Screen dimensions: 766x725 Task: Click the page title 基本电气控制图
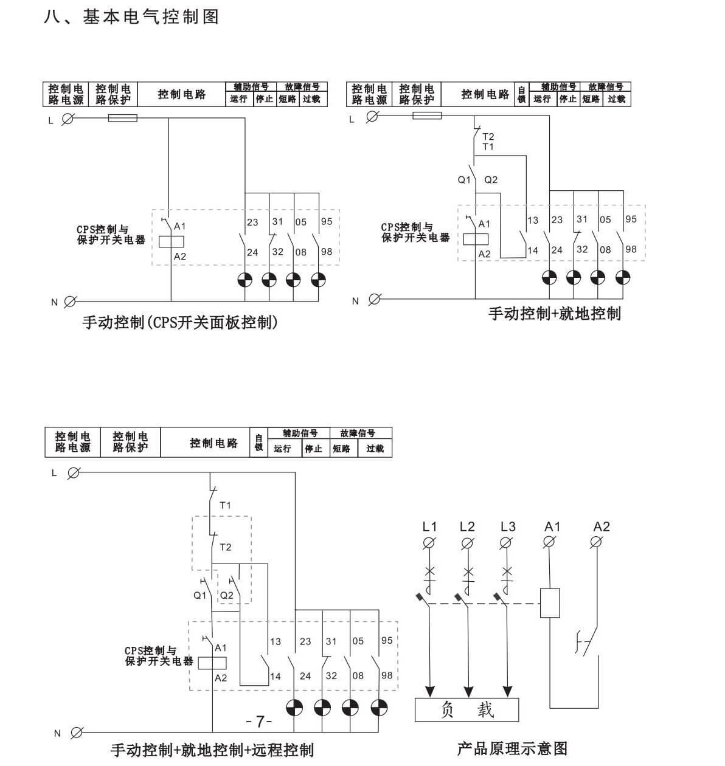[x=150, y=16]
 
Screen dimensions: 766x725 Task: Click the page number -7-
[x=259, y=722]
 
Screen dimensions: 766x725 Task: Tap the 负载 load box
[x=467, y=709]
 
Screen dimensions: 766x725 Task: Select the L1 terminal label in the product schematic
[x=429, y=526]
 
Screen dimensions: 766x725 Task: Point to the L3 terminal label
[x=508, y=526]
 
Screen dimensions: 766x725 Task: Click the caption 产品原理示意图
[x=512, y=748]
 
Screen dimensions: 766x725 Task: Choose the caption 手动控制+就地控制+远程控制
[x=212, y=750]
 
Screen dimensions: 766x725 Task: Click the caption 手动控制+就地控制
[x=554, y=314]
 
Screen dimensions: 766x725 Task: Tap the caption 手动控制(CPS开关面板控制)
[x=180, y=322]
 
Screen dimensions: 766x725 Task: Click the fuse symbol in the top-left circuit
[x=122, y=118]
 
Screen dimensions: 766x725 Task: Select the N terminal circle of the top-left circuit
[x=70, y=301]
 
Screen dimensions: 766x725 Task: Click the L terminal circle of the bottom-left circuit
[x=74, y=472]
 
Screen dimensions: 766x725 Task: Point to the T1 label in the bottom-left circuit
[x=225, y=505]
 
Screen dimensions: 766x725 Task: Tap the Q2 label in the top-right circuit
[x=491, y=180]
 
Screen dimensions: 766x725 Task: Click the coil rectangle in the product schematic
[x=550, y=603]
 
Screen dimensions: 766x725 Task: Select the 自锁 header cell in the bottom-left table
[x=258, y=443]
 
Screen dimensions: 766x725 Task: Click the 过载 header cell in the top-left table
[x=312, y=99]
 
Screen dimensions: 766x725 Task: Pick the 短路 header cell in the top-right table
[x=591, y=99]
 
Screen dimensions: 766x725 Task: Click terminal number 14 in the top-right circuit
[x=533, y=250]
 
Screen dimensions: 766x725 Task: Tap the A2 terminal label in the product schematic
[x=601, y=526]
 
